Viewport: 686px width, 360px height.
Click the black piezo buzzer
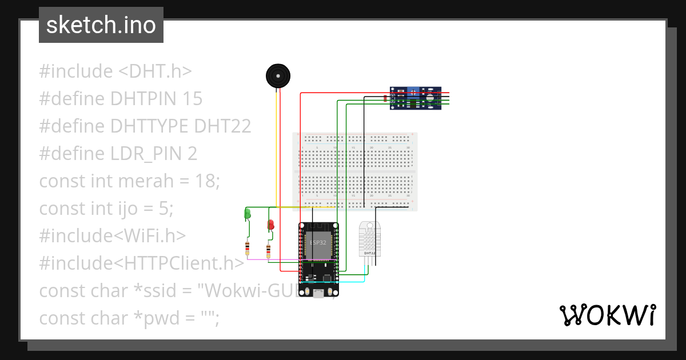pyautogui.click(x=278, y=76)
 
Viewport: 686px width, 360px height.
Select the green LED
pyautogui.click(x=248, y=214)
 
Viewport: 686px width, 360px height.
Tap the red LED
pyautogui.click(x=270, y=225)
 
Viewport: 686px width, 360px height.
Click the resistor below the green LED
pyautogui.click(x=247, y=249)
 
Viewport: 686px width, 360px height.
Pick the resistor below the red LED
pyautogui.click(x=269, y=250)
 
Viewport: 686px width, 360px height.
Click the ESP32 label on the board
pyautogui.click(x=318, y=242)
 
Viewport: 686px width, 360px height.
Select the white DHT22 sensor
pyautogui.click(x=370, y=239)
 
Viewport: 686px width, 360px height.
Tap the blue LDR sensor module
pyautogui.click(x=416, y=98)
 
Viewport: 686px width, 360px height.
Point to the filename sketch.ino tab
pyautogui.click(x=101, y=25)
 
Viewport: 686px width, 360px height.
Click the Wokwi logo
pyautogui.click(x=607, y=315)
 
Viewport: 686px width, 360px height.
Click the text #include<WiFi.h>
pyautogui.click(x=113, y=236)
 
